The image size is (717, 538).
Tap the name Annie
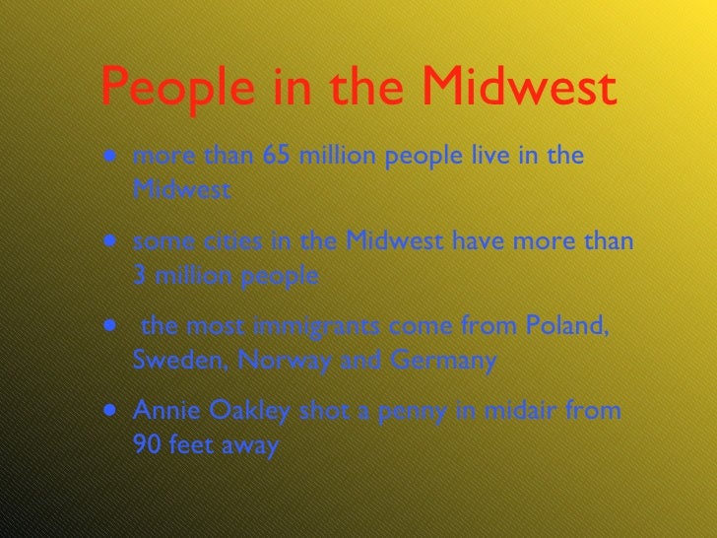[x=161, y=411]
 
